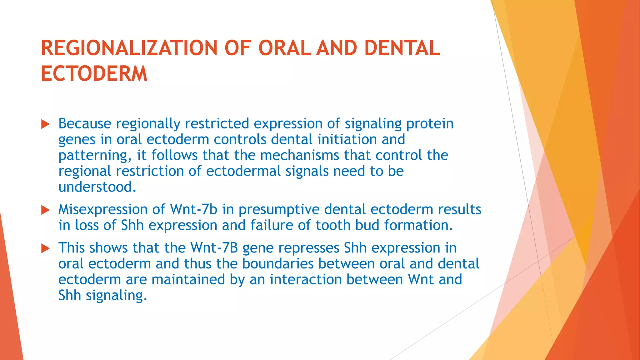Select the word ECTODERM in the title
[94, 74]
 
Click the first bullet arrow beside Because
[46, 124]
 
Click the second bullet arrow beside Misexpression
[46, 210]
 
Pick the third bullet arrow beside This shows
[46, 248]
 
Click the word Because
[85, 123]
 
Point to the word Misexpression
[103, 209]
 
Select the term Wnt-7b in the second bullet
[193, 209]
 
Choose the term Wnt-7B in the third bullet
[214, 248]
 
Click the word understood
[97, 187]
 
